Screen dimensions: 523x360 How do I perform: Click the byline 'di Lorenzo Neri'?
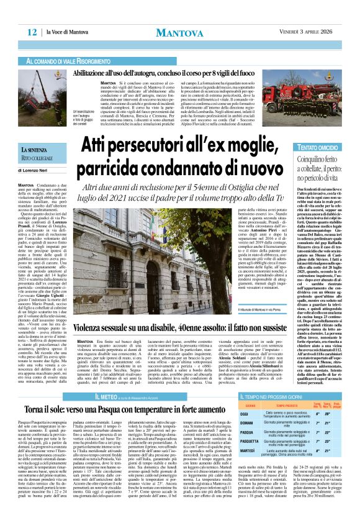coord(38,169)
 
